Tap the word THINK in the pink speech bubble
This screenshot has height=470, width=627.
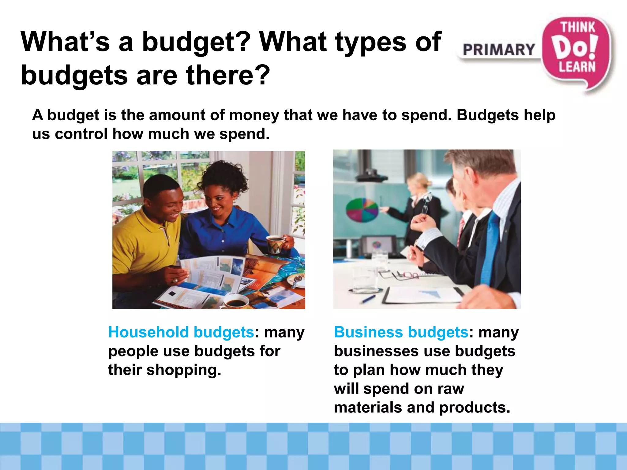point(577,28)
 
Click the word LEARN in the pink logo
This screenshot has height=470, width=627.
point(577,67)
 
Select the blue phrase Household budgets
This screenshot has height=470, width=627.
point(181,332)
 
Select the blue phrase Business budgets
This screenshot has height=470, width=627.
point(401,332)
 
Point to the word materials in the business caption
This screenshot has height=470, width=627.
point(384,408)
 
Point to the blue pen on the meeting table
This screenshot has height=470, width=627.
point(369,299)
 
